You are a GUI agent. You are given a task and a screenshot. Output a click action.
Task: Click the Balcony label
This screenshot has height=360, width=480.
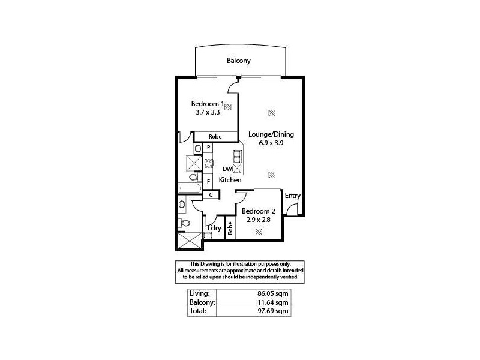coord(238,61)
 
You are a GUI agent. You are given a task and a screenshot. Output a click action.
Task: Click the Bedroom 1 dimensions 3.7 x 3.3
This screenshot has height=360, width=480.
coord(208,112)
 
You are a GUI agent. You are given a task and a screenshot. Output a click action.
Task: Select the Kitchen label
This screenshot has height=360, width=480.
coord(230,180)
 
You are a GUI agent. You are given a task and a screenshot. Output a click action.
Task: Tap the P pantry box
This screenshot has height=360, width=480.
coord(208,147)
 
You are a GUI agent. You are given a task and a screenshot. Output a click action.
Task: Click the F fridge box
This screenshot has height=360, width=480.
coord(208,181)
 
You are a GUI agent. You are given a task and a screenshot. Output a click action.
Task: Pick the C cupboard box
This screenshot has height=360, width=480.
coord(211,194)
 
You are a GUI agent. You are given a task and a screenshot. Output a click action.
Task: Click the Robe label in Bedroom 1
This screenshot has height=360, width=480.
coord(215,137)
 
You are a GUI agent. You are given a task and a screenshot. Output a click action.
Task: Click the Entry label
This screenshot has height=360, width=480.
coord(292,196)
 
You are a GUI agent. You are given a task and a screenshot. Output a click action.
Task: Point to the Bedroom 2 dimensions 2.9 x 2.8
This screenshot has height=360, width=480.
coord(258,221)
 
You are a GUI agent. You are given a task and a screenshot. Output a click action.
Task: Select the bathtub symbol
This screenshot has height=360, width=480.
coord(190,188)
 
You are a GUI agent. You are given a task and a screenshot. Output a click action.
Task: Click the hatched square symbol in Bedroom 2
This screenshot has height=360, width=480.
coord(259,231)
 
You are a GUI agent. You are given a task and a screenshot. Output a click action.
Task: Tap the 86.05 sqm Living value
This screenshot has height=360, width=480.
coord(274,294)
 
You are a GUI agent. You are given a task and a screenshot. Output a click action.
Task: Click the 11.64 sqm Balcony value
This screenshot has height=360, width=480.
coord(274,303)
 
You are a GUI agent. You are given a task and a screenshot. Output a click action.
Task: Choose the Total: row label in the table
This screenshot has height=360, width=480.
coord(198,311)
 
